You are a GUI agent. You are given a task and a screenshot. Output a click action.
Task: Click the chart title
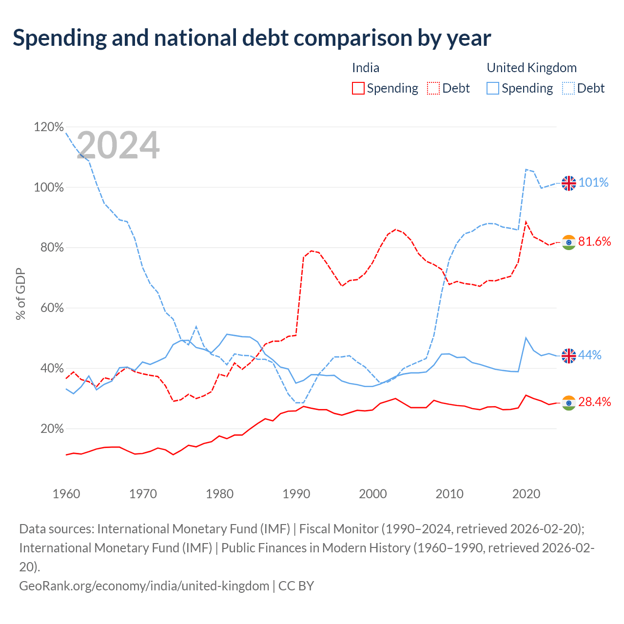[252, 38]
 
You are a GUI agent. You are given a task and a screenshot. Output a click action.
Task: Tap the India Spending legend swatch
[358, 88]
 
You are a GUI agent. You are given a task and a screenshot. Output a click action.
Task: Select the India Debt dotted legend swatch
[433, 88]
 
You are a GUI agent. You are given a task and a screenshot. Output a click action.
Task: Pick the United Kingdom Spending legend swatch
[493, 88]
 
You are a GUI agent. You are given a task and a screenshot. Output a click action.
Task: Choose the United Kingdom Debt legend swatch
[568, 88]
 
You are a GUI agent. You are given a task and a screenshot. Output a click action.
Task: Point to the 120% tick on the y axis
[49, 127]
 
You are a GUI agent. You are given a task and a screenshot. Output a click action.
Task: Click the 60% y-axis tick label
[52, 308]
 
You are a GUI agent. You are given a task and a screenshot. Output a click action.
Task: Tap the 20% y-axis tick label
[52, 429]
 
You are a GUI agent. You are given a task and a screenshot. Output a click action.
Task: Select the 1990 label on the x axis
[296, 494]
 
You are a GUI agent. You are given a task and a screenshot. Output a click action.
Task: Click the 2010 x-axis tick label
[449, 494]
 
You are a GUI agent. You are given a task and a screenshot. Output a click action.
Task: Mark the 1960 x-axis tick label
[66, 494]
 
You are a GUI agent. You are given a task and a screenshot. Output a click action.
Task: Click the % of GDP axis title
[21, 293]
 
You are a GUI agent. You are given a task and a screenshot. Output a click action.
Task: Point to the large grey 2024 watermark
[118, 145]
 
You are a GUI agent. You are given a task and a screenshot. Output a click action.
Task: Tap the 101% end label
[594, 183]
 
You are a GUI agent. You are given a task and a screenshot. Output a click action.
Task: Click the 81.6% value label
[595, 242]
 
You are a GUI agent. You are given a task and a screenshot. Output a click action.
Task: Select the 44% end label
[590, 355]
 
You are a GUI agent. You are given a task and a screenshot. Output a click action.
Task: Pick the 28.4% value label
[595, 402]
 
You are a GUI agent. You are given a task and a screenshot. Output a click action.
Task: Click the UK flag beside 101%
[569, 184]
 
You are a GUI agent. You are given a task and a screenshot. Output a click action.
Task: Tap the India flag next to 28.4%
[569, 403]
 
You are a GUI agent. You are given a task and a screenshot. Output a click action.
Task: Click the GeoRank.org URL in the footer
[144, 586]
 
